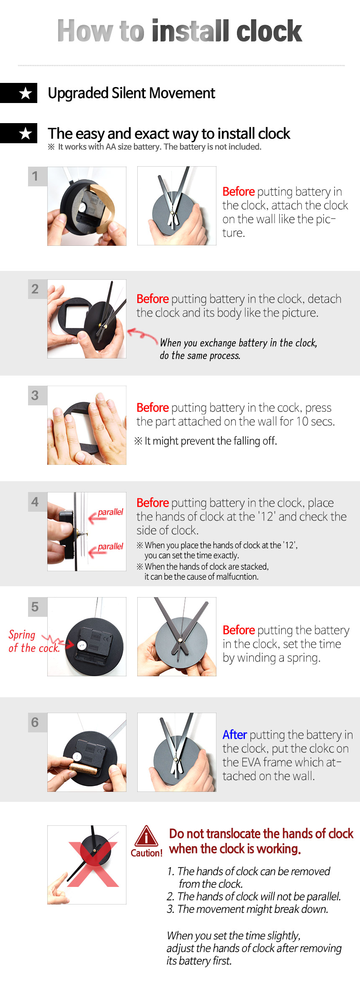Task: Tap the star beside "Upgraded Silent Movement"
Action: click(26, 93)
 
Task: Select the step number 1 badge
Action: click(35, 176)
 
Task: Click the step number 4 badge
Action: click(35, 502)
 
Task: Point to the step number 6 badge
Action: click(35, 722)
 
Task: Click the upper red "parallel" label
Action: click(111, 512)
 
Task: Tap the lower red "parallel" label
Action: click(111, 546)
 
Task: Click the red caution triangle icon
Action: click(146, 836)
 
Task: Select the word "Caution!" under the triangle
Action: click(147, 853)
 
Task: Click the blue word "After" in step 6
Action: click(234, 735)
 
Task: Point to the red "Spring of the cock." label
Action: click(33, 642)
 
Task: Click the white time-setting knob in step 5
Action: click(82, 645)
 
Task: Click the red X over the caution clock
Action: click(93, 864)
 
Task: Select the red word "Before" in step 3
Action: click(152, 407)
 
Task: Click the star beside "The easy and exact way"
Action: click(26, 133)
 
